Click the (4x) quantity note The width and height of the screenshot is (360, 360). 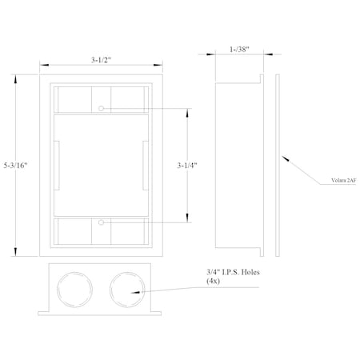tap(214, 282)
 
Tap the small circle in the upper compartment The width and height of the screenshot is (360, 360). tap(102, 107)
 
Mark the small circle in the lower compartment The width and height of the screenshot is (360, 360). tap(102, 223)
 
